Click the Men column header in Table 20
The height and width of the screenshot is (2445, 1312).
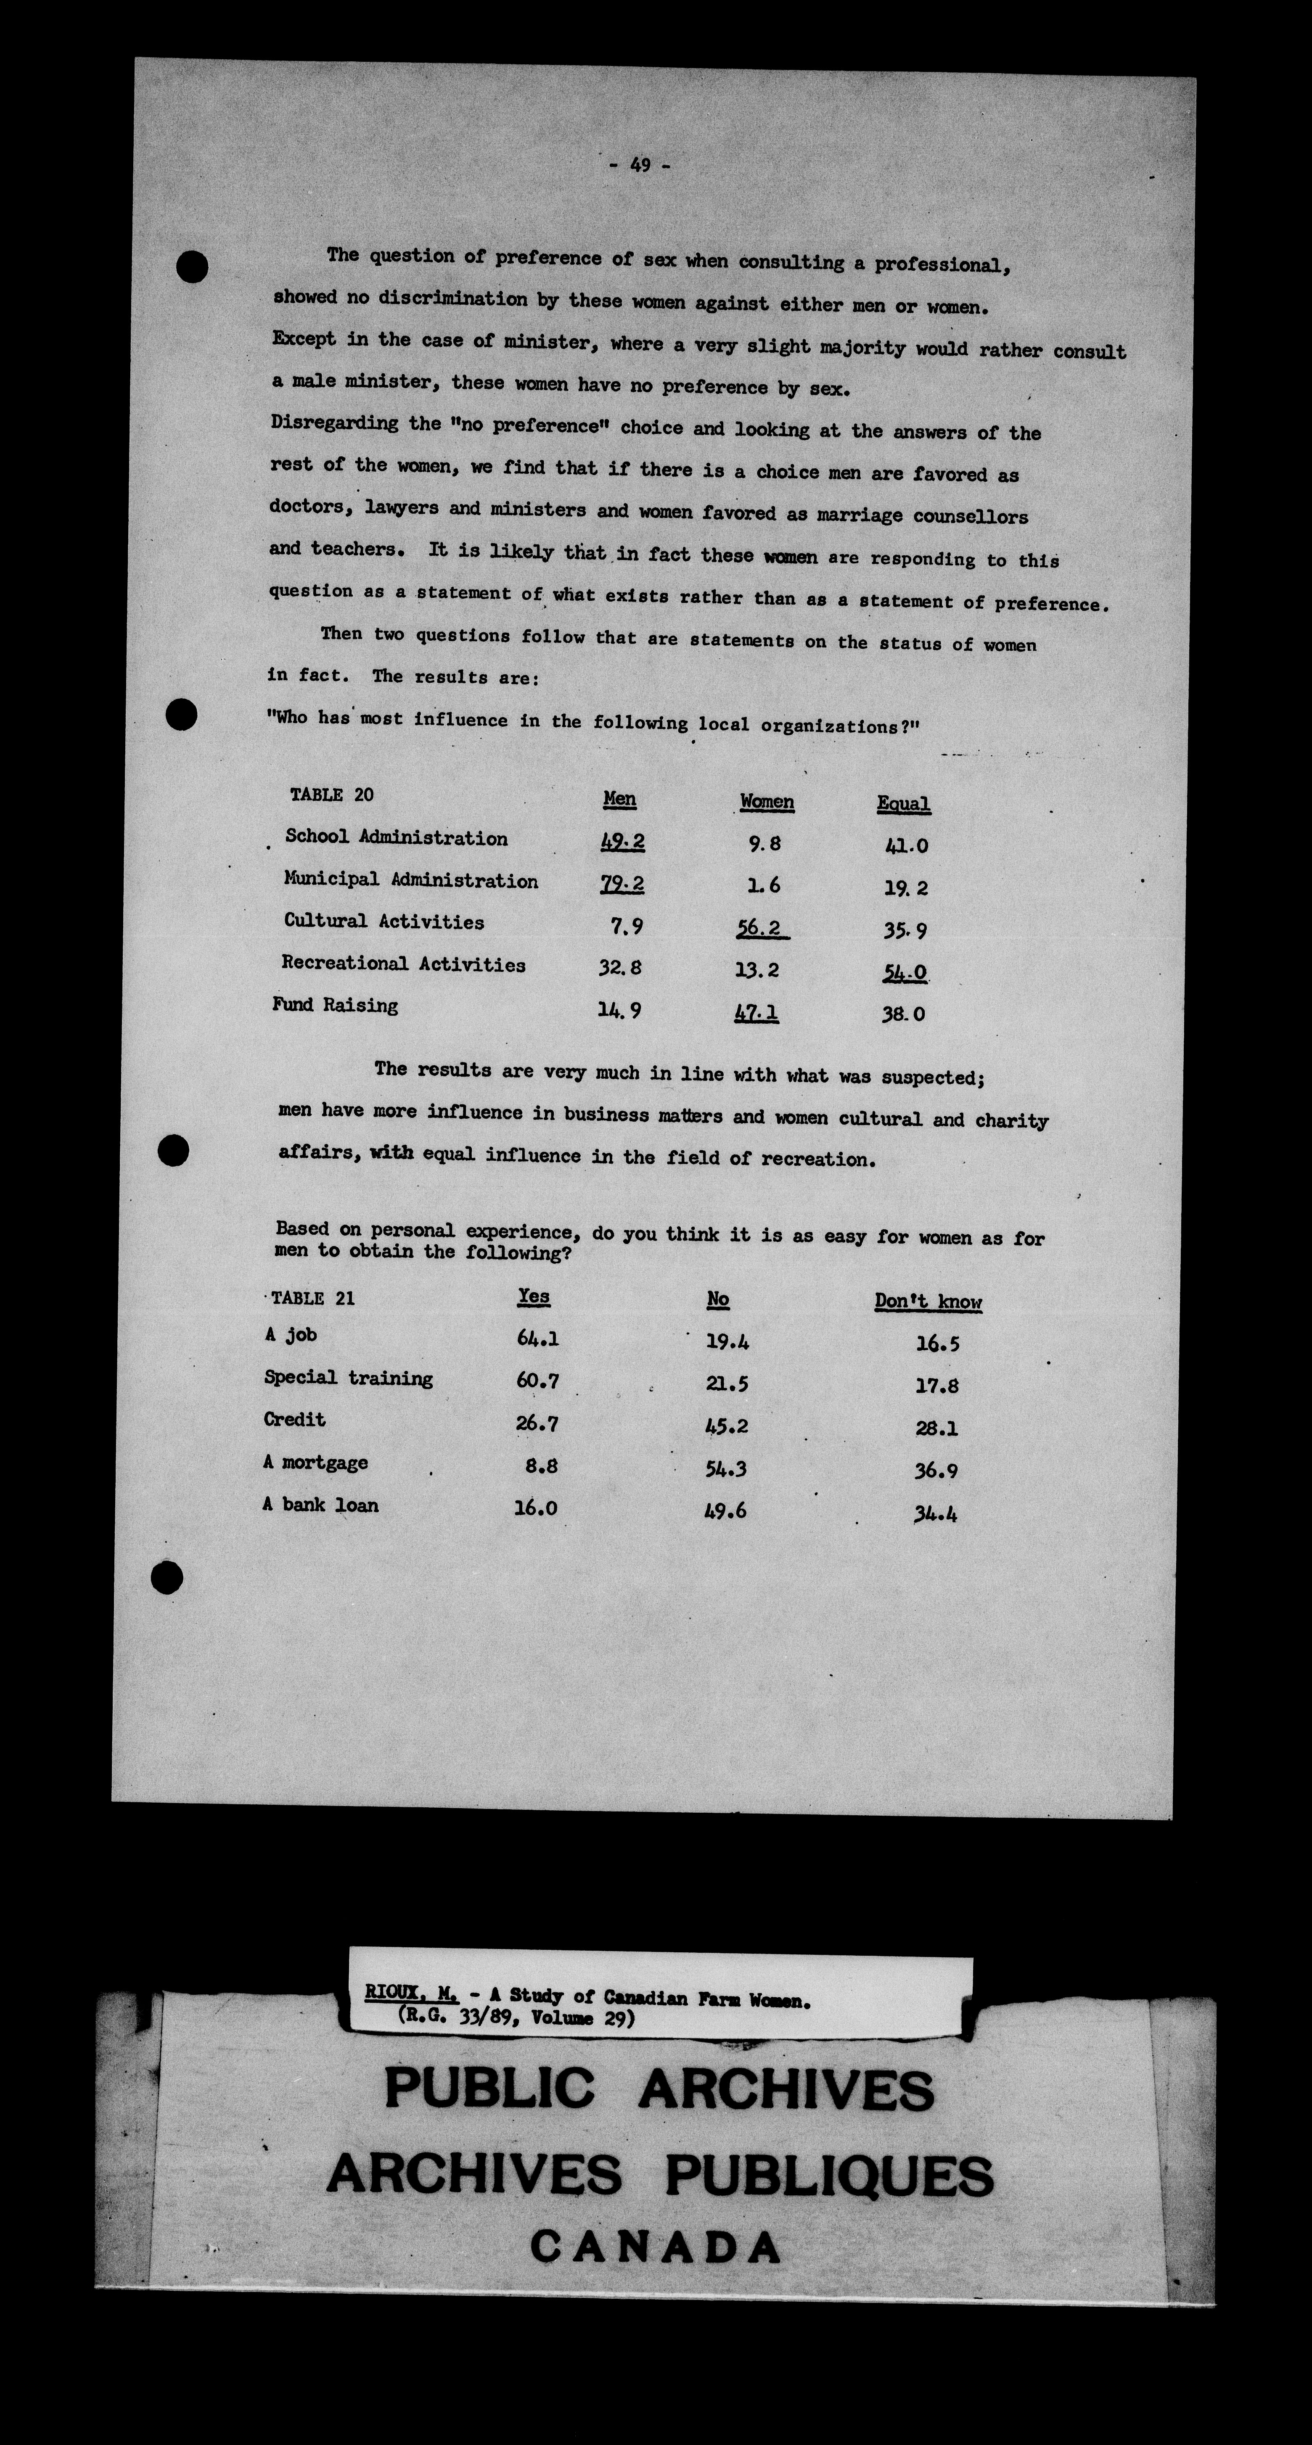[x=619, y=799]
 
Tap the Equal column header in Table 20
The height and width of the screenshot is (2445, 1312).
[x=903, y=804]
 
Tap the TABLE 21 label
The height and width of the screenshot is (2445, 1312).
[x=313, y=1299]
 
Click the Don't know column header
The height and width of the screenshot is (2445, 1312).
[x=928, y=1301]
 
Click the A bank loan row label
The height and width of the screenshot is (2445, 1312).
[x=321, y=1505]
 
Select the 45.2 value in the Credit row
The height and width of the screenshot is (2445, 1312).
[x=726, y=1426]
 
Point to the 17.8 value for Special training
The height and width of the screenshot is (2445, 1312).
[x=936, y=1386]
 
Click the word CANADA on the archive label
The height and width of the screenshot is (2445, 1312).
[x=655, y=2247]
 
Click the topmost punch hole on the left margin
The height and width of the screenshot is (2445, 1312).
[x=193, y=266]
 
